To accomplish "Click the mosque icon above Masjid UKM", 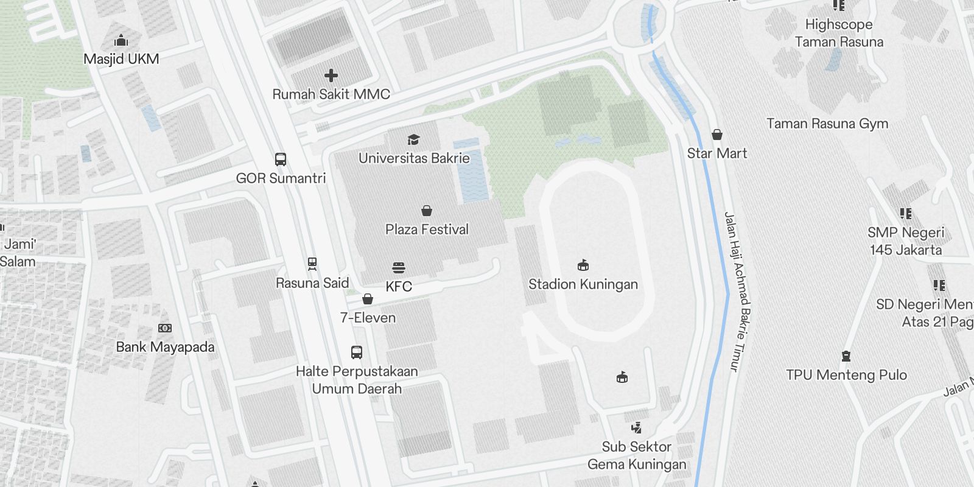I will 121,41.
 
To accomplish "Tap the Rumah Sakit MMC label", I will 331,94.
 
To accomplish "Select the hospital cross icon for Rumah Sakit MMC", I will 331,75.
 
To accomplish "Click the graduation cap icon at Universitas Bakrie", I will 414,140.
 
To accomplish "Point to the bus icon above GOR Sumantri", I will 281,159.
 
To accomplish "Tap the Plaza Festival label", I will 427,229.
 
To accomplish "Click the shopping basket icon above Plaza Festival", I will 427,211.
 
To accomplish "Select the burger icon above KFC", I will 399,268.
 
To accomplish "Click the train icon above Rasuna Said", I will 312,264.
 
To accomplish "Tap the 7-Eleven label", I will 368,318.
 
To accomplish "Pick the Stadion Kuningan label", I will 583,284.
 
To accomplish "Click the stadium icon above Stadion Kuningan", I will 583,265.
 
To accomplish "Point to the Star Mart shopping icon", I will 717,135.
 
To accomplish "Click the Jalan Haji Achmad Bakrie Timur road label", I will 737,292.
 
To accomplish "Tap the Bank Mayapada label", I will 165,347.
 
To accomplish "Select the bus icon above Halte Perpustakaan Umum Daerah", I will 357,352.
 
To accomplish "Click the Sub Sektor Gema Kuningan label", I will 637,455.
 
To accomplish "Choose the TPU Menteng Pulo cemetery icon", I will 846,356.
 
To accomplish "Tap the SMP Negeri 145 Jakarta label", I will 906,241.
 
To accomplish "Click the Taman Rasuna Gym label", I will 827,124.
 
